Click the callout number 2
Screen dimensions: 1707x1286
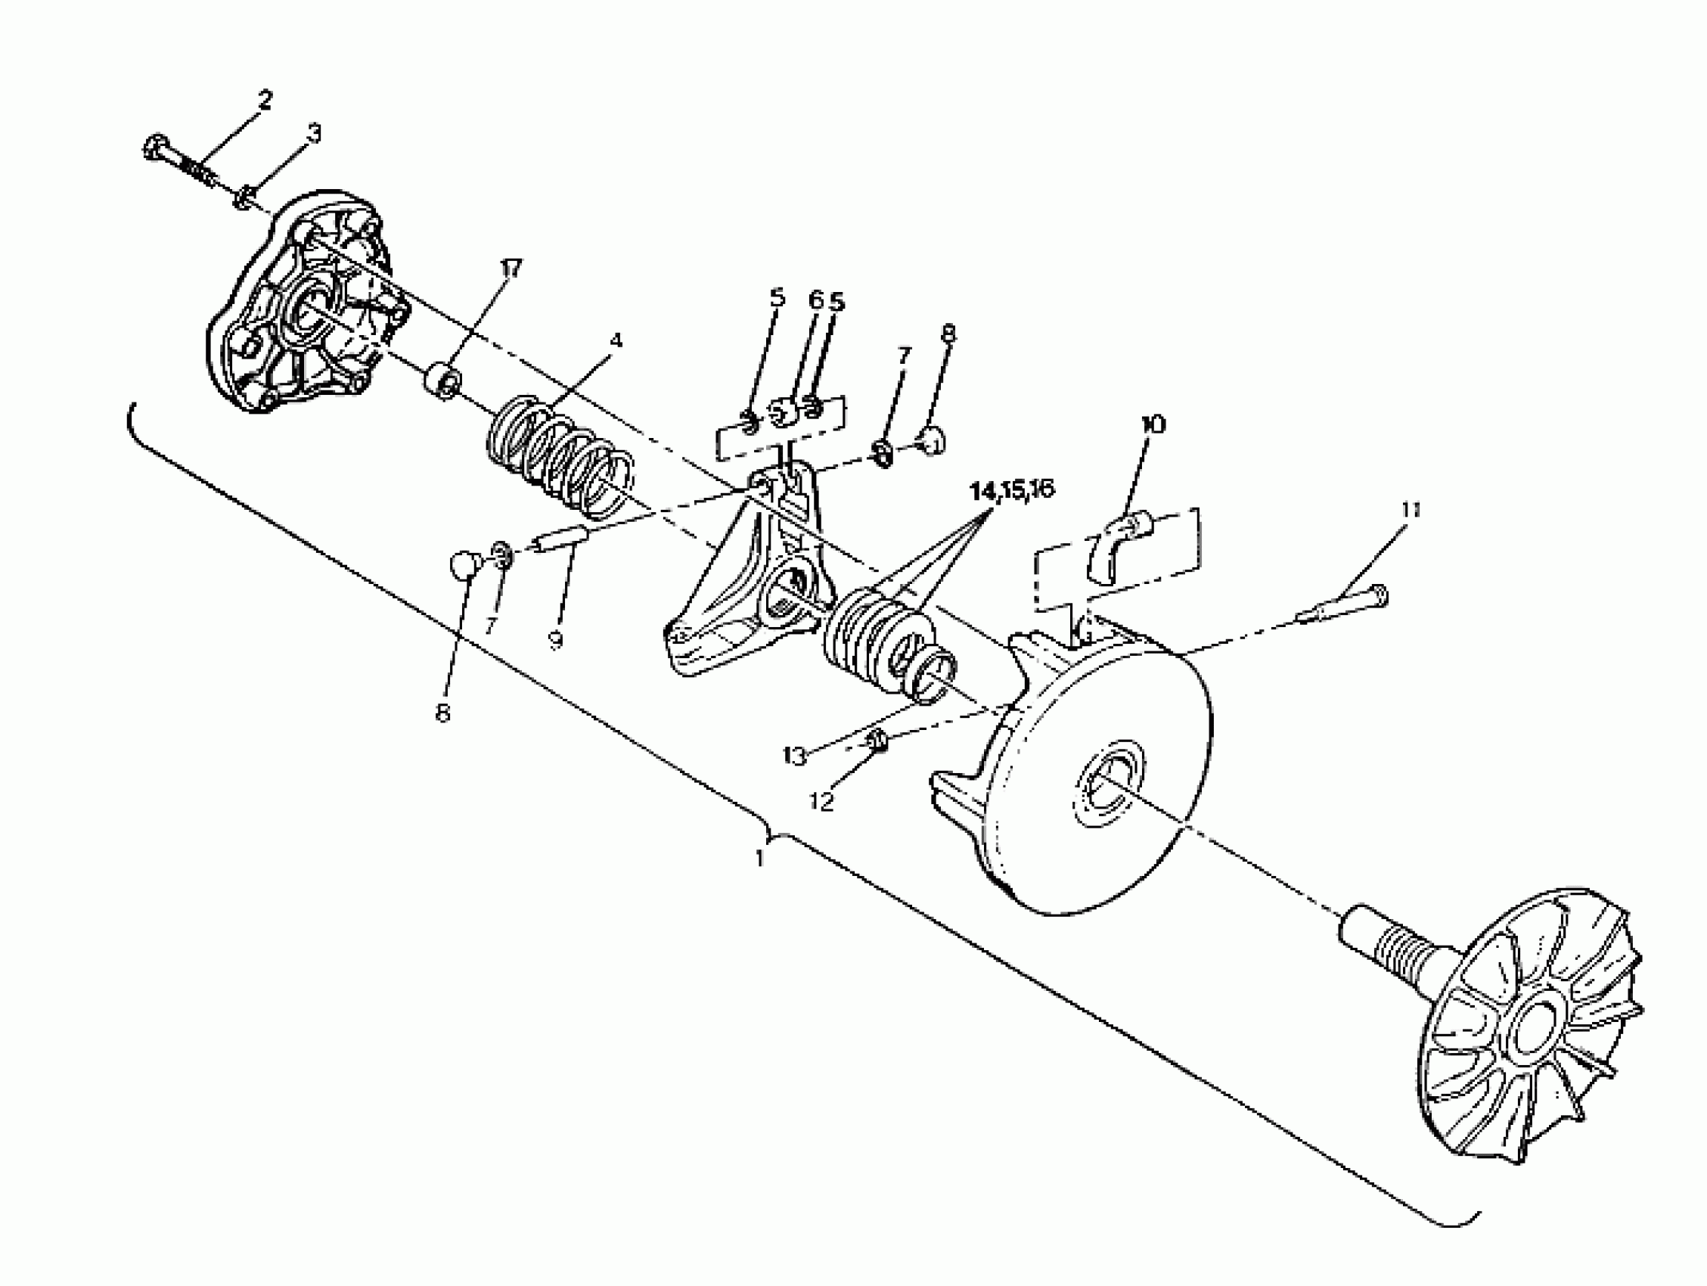click(x=264, y=101)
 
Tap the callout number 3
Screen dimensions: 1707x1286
click(x=313, y=134)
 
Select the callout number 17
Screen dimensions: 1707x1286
click(x=510, y=269)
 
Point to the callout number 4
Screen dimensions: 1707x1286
click(x=615, y=340)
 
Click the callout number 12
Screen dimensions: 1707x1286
click(x=823, y=802)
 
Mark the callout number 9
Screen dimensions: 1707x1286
click(x=556, y=640)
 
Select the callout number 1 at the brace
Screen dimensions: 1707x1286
click(x=760, y=858)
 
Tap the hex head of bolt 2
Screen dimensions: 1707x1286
click(x=157, y=146)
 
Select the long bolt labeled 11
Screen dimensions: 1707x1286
click(x=1342, y=606)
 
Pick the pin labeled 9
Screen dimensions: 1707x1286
click(x=562, y=539)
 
